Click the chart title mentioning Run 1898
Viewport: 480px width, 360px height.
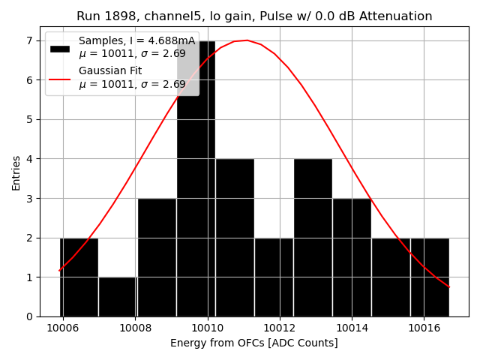click(254, 16)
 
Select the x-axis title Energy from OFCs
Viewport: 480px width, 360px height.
click(253, 343)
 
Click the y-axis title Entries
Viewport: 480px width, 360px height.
click(16, 172)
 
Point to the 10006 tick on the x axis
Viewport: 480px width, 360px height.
click(63, 328)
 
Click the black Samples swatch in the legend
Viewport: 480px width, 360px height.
click(60, 48)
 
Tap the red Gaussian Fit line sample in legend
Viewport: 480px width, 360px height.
click(60, 78)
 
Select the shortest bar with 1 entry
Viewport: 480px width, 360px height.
click(118, 297)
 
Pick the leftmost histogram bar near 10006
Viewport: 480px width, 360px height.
click(79, 277)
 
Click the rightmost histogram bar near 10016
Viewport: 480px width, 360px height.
click(430, 277)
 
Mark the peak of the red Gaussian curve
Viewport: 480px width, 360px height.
click(247, 40)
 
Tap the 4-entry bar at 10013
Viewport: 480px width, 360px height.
click(313, 238)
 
